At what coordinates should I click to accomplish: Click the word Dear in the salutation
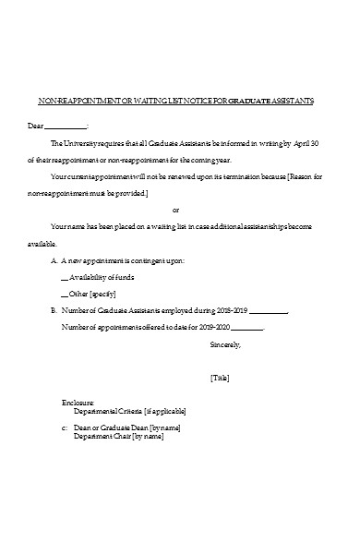pos(35,125)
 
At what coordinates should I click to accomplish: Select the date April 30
pos(307,143)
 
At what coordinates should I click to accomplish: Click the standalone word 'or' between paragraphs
pos(176,210)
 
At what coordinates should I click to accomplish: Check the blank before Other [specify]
pos(63,295)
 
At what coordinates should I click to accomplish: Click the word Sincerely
pos(225,344)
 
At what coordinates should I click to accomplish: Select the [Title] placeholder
pos(220,378)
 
